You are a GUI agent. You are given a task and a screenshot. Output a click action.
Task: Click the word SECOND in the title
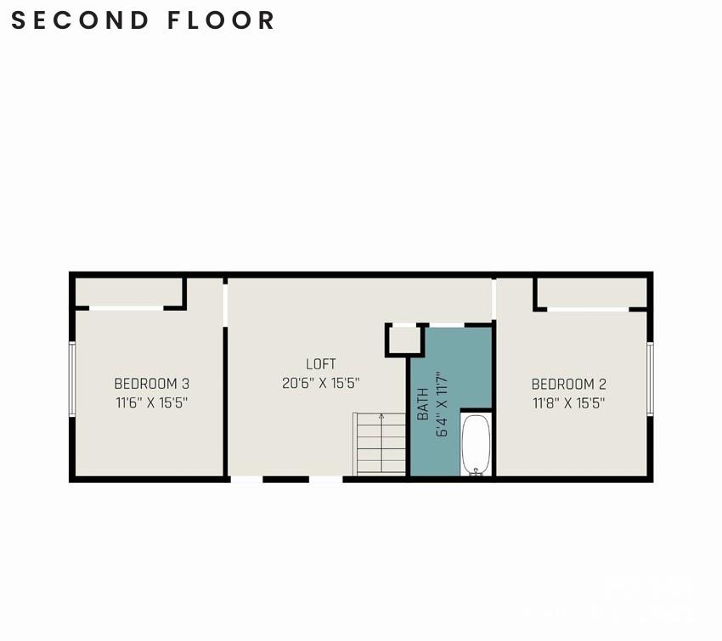[80, 20]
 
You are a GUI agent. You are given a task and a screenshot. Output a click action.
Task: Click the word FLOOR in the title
[221, 20]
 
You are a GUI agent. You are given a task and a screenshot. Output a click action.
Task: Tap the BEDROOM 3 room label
[151, 383]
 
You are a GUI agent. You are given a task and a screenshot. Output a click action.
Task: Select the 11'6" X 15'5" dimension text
[151, 402]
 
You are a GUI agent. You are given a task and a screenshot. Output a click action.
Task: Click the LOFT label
[321, 364]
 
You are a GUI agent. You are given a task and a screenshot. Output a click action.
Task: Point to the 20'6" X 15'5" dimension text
[321, 383]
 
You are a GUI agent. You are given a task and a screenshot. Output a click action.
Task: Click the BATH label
[423, 404]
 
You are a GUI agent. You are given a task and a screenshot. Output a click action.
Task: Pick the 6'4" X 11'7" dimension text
[442, 403]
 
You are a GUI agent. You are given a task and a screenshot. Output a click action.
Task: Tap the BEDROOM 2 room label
[568, 384]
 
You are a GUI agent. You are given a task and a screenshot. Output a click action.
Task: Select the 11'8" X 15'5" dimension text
[568, 403]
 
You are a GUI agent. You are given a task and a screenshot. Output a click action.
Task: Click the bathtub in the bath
[477, 445]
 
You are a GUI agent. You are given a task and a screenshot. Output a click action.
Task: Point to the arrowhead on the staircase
[381, 417]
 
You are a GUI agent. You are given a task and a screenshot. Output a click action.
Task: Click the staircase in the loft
[380, 444]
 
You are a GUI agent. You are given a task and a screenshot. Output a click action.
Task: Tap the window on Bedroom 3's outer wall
[72, 379]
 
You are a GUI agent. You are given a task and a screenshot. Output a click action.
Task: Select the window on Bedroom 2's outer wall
[650, 379]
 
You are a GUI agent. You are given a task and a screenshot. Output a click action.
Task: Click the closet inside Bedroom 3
[128, 292]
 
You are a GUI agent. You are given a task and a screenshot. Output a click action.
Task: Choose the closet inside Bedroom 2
[592, 293]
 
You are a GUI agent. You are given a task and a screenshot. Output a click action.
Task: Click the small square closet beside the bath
[404, 340]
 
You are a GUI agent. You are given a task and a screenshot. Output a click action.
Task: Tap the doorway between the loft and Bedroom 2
[494, 300]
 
